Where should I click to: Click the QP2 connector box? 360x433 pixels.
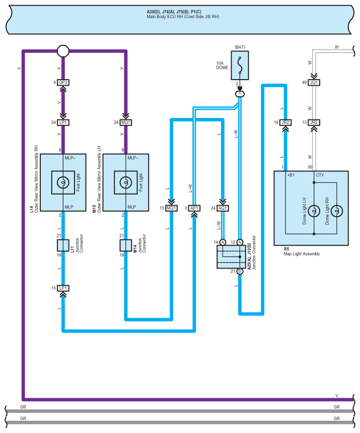coord(63,82)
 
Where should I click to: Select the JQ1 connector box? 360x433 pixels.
coord(314,82)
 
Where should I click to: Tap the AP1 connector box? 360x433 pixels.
coord(194,208)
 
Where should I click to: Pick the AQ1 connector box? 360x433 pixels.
coord(223,208)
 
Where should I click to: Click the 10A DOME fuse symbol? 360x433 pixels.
coord(240,66)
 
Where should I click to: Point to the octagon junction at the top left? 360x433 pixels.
coord(63,51)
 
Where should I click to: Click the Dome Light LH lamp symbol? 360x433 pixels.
coord(314,211)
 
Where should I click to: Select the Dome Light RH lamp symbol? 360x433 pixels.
coord(336,211)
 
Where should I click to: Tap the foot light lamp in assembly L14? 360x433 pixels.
coord(63,182)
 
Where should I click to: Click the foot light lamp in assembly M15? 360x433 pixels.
coord(126,182)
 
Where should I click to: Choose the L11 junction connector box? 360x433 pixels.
coord(63,245)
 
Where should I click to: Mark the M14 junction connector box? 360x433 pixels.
coord(126,245)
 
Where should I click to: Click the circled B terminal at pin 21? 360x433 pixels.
coord(240,271)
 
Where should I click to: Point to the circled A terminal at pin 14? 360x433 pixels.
coord(223,242)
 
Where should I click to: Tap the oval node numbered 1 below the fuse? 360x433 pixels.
coord(240,94)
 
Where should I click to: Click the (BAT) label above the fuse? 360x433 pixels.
coord(240,47)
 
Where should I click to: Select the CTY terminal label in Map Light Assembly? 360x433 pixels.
coord(320,175)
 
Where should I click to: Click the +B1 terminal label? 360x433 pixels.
coord(291,175)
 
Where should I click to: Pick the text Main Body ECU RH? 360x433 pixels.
coord(165,17)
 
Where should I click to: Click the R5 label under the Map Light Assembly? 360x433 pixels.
coord(286,249)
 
